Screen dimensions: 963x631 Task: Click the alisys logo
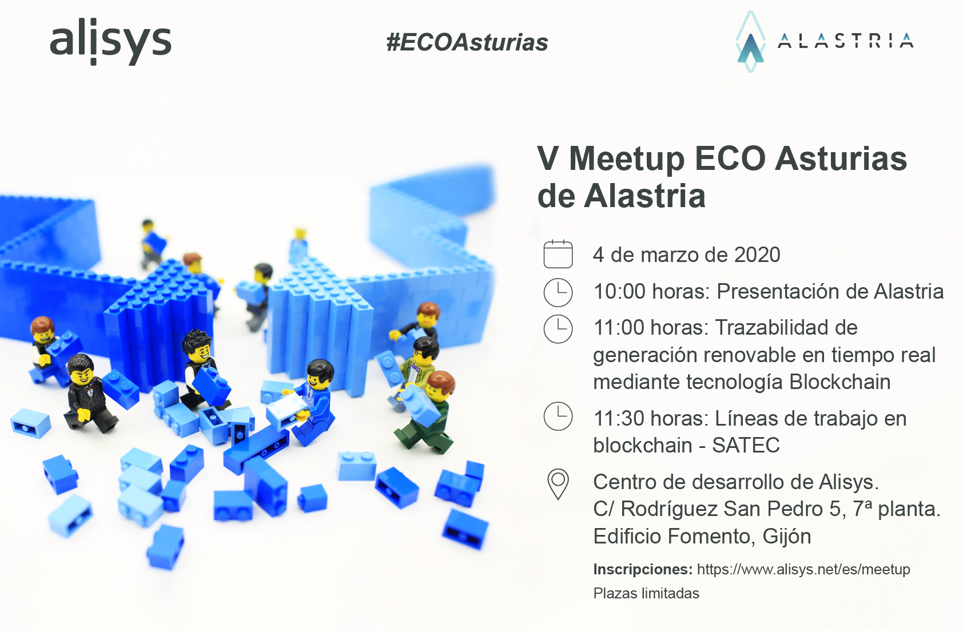[110, 42]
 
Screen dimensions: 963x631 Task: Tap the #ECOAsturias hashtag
[467, 42]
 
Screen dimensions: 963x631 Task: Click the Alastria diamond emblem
[751, 42]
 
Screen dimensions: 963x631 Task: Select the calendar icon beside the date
[558, 254]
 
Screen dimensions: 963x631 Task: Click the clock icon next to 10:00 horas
[558, 292]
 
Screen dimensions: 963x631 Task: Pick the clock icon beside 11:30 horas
[558, 416]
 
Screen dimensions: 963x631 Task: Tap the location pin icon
[558, 484]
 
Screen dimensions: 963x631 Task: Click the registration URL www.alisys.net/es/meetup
[803, 569]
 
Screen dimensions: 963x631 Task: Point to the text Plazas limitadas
[646, 594]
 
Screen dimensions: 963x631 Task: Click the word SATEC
[746, 445]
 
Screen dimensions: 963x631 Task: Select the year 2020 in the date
[757, 255]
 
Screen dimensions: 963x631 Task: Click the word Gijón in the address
[787, 537]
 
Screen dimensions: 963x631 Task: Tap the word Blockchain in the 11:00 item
[839, 382]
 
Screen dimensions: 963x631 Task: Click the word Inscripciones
[643, 569]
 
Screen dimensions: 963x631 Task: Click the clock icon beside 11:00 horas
[558, 329]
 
